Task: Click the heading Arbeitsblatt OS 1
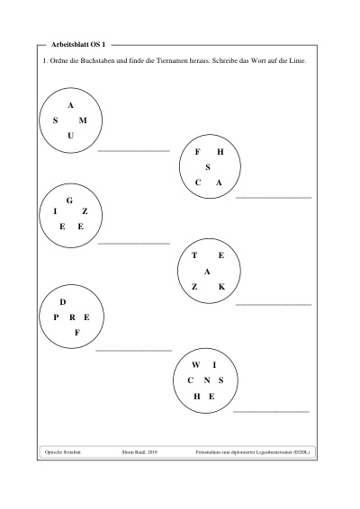78,45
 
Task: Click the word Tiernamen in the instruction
172,61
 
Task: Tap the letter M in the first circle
83,121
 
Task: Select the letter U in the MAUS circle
70,136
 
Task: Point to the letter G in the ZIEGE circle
69,201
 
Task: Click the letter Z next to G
85,211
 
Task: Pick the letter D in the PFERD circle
63,302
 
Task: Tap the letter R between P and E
72,317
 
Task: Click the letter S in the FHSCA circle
208,167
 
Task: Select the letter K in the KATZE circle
221,287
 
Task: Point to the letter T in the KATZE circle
194,255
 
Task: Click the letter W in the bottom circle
195,365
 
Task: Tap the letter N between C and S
207,380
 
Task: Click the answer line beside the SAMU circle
134,151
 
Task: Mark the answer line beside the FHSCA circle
274,197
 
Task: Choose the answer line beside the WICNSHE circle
271,412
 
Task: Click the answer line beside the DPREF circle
133,351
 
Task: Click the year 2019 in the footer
153,451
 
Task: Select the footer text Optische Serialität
63,451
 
